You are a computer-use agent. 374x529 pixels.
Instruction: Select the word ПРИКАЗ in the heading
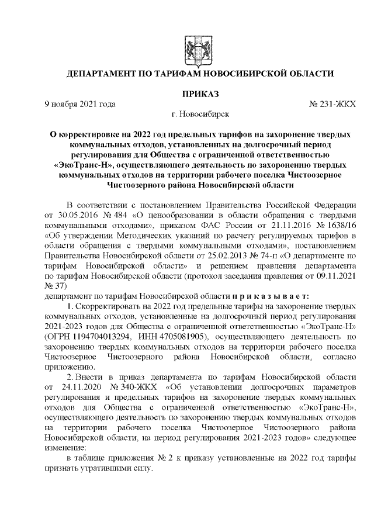click(200, 94)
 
